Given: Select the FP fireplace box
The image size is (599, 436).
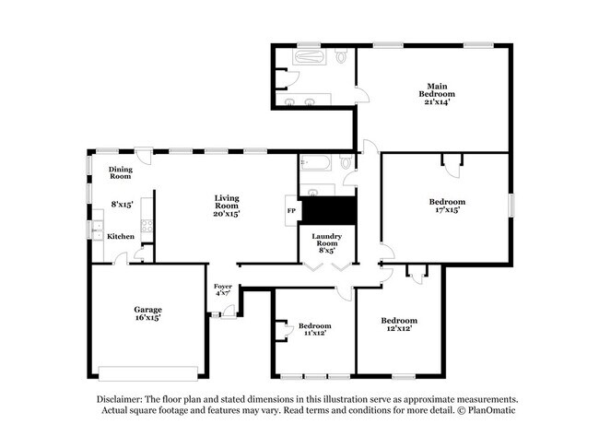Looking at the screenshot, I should pyautogui.click(x=292, y=210).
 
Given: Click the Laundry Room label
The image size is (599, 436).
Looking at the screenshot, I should pyautogui.click(x=327, y=239).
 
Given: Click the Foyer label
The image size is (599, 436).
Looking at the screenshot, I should pyautogui.click(x=222, y=286).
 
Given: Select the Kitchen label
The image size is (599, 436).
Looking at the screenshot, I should pyautogui.click(x=120, y=237).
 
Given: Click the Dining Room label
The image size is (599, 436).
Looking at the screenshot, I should pyautogui.click(x=121, y=172).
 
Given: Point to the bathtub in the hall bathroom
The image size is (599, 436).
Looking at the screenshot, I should pyautogui.click(x=315, y=165).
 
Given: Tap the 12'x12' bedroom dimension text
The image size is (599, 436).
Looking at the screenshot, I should pyautogui.click(x=398, y=328).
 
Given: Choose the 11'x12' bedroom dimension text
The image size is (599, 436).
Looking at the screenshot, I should pyautogui.click(x=313, y=333).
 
